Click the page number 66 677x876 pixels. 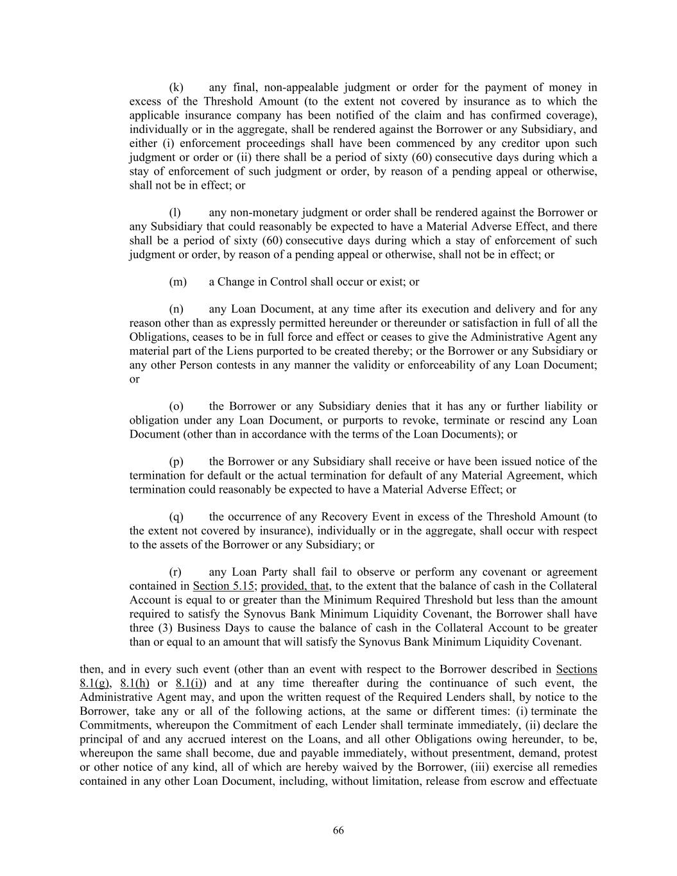point(338,830)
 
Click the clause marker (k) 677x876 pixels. point(176,87)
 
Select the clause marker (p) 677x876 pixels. point(176,461)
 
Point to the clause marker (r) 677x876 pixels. point(175,572)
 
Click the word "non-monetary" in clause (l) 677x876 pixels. point(261,212)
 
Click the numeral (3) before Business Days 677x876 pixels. point(165,628)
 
